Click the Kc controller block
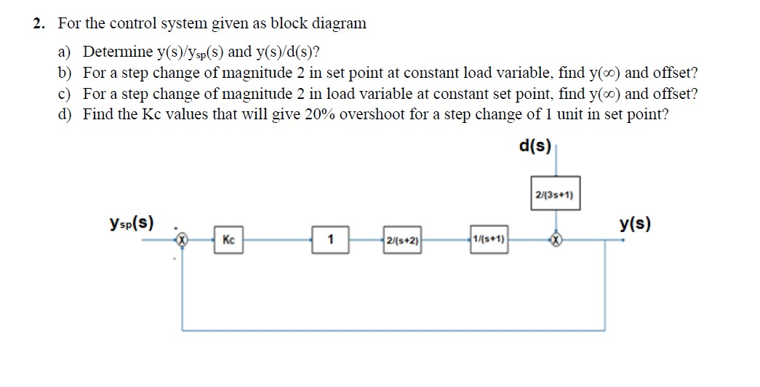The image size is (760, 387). click(228, 239)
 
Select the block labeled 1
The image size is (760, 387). click(330, 239)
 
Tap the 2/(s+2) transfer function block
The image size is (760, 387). click(404, 239)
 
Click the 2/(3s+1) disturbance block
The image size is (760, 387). click(556, 194)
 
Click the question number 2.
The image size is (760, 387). click(39, 23)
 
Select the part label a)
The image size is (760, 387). click(65, 52)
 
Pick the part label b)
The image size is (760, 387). click(65, 73)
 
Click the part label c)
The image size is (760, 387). click(65, 94)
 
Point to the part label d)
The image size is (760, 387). click(65, 114)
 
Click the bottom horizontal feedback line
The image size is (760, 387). click(393, 330)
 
